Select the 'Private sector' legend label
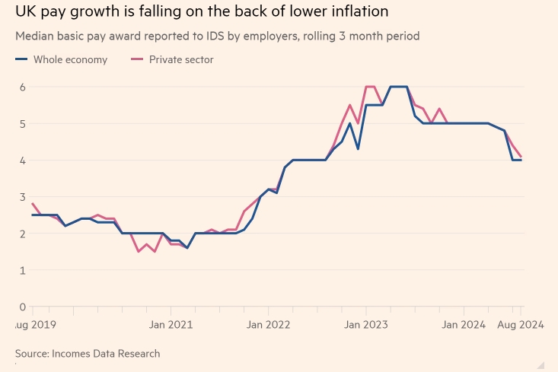click(181, 59)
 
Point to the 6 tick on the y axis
click(24, 87)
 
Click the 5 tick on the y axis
click(24, 123)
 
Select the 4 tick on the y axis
click(24, 161)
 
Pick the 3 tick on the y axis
click(24, 197)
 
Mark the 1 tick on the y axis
click(24, 270)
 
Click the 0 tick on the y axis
click(24, 307)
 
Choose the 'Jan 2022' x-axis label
click(268, 325)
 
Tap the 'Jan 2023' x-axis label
click(366, 325)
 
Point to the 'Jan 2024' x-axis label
click(464, 325)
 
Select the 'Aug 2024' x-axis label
click(521, 325)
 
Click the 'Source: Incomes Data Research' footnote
click(88, 354)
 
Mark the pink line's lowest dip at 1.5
click(138, 252)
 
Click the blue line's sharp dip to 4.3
click(358, 149)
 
